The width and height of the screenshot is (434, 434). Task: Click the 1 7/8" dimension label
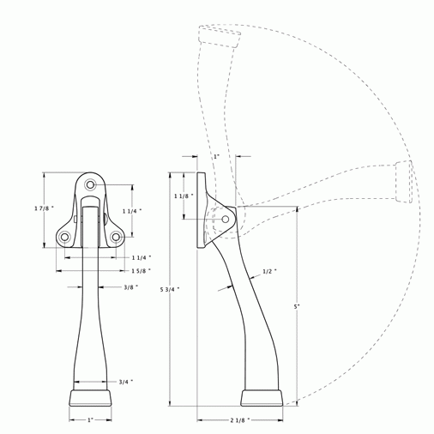(43, 209)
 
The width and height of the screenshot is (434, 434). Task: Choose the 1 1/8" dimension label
(183, 197)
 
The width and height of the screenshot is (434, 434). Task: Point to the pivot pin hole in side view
(226, 220)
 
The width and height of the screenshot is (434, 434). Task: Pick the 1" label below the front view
(90, 421)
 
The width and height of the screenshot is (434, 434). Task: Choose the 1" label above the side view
(216, 157)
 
